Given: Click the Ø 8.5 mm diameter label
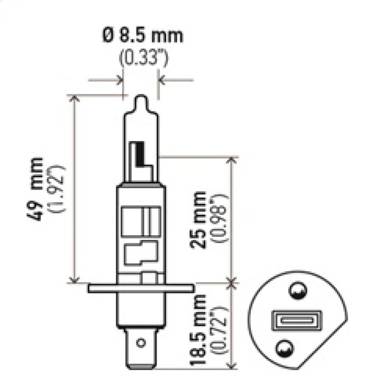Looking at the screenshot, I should (142, 35).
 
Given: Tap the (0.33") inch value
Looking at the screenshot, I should (143, 59).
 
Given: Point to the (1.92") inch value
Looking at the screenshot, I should (60, 189).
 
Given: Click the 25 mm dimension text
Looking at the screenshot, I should (200, 219).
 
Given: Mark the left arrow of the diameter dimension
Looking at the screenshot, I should (119, 80).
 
